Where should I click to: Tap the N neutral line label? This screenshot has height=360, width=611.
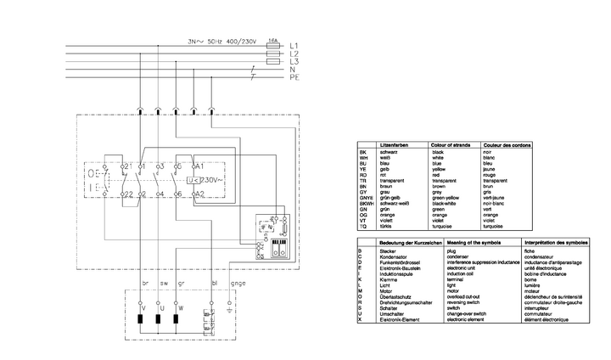click(292, 69)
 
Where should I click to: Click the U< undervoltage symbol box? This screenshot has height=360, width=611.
click(190, 180)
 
